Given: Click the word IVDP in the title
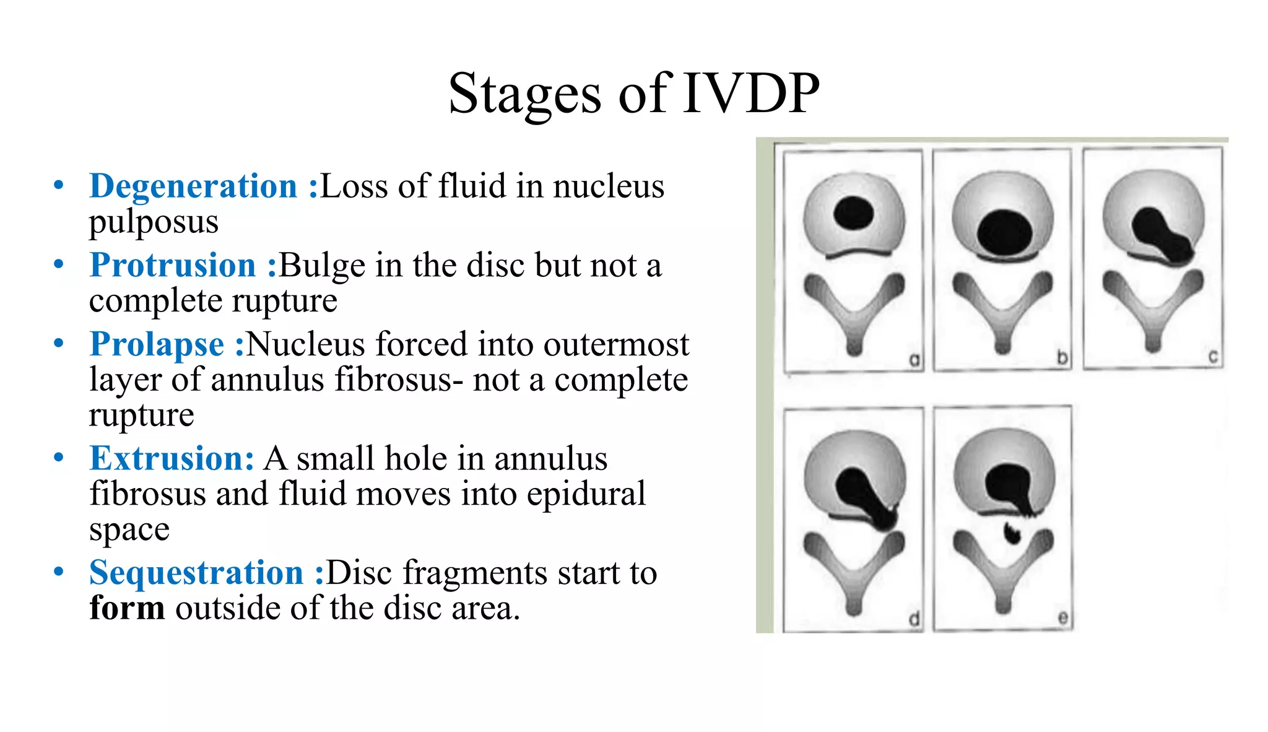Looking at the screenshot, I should click(x=751, y=94).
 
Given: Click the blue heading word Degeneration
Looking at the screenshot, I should click(x=193, y=186).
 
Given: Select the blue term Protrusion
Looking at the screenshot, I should click(x=173, y=266).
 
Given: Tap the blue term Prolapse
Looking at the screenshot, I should click(x=157, y=344).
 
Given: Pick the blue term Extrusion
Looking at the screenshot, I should click(x=172, y=459).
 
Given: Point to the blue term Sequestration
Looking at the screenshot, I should click(x=196, y=573).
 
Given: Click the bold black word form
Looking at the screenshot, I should click(x=127, y=608).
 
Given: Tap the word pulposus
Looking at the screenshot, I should click(x=154, y=222).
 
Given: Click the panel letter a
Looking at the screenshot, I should click(x=914, y=359).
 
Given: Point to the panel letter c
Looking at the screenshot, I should click(x=1212, y=357).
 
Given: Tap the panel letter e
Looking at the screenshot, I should click(x=1062, y=617).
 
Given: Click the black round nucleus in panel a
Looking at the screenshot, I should click(x=853, y=214).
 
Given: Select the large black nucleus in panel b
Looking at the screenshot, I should click(x=1004, y=232).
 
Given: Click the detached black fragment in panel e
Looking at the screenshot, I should click(x=1012, y=533).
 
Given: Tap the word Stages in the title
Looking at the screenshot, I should click(x=524, y=94).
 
